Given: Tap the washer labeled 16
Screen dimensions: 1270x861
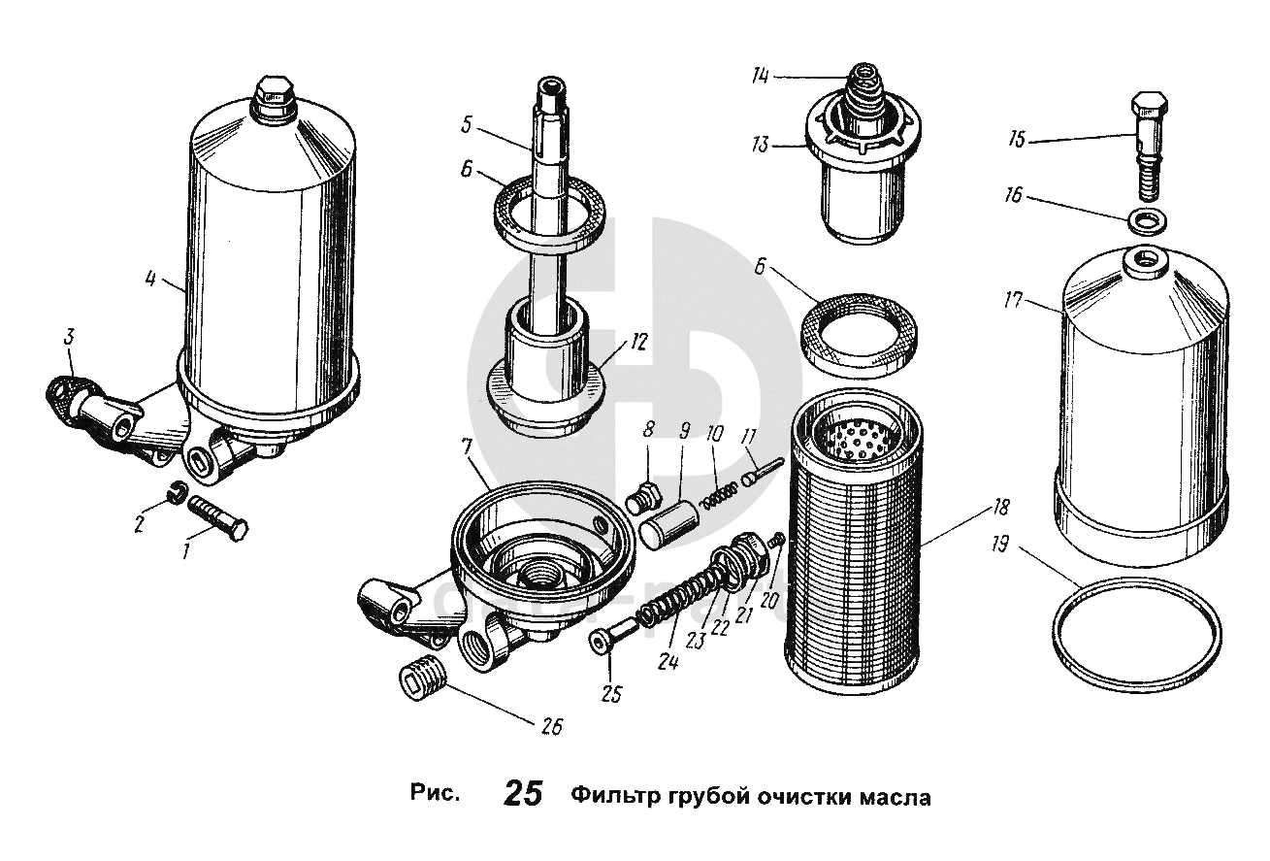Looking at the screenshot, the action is pyautogui.click(x=1146, y=219).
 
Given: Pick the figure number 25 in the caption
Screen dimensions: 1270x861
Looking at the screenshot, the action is pyautogui.click(x=523, y=795).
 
